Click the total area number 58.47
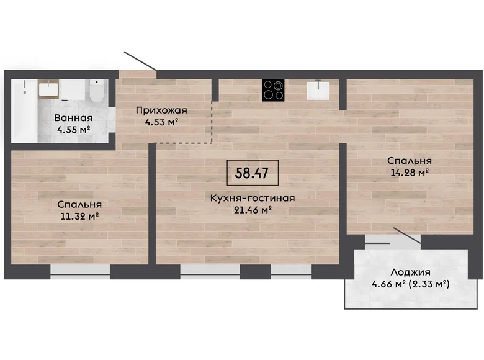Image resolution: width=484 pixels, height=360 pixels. point(251,173)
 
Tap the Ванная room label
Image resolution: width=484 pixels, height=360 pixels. point(73,118)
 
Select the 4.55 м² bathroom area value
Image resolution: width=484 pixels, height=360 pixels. point(73,129)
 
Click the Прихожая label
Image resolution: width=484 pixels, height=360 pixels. point(161,110)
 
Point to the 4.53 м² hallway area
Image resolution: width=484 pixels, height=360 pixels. point(161,122)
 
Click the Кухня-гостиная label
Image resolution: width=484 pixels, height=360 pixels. point(253,198)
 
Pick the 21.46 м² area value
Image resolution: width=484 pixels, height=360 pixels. point(253,210)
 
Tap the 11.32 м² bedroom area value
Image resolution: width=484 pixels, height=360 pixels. point(79,216)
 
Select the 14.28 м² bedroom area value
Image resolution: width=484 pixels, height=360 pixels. point(410,173)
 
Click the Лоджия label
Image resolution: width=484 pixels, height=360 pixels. point(410,272)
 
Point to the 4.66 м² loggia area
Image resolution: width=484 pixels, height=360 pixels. point(388,284)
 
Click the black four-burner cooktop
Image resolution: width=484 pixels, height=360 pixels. point(273,90)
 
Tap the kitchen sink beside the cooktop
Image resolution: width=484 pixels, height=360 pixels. point(318,90)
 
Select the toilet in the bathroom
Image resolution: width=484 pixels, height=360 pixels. point(97,91)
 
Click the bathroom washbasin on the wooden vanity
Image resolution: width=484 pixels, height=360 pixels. point(48,89)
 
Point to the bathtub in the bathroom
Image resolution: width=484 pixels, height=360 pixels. point(24,111)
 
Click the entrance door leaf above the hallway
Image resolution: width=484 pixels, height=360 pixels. point(140,61)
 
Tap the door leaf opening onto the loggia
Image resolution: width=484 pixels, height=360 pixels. point(407,236)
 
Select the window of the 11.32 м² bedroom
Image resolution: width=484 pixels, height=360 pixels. point(80,272)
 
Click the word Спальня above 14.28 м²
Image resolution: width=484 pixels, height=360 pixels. point(410,161)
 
